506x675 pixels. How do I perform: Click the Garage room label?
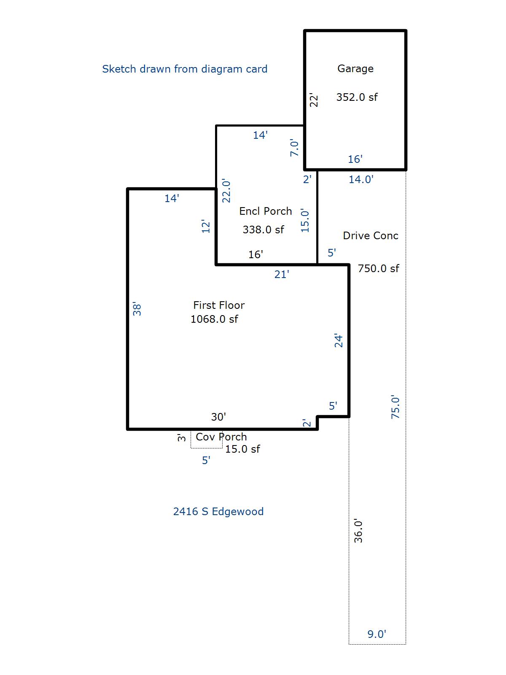tap(355, 68)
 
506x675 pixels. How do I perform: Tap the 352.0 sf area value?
tap(357, 97)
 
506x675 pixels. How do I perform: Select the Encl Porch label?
tap(265, 211)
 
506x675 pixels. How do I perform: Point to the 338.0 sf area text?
tap(263, 229)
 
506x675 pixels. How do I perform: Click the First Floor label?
tap(219, 305)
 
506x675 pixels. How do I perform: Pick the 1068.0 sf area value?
tap(214, 319)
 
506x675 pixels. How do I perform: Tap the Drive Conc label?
tap(370, 235)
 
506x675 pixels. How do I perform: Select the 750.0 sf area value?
tap(378, 268)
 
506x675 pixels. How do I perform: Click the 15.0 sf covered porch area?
tap(242, 449)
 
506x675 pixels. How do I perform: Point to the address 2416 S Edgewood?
tap(218, 511)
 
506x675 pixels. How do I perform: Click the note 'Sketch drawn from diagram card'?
tap(185, 69)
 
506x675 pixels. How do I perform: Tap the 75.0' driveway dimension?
tap(396, 407)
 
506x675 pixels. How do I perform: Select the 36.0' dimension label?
tap(358, 531)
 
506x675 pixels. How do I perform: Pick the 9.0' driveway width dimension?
tap(377, 634)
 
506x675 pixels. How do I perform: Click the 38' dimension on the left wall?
tap(137, 309)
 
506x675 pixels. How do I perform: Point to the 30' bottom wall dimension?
tap(218, 417)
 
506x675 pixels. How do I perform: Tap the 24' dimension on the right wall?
tap(339, 341)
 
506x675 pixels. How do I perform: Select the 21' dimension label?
tap(281, 274)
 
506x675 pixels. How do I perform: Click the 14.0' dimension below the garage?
tap(361, 179)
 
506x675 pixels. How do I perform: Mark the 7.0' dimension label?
tap(294, 148)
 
